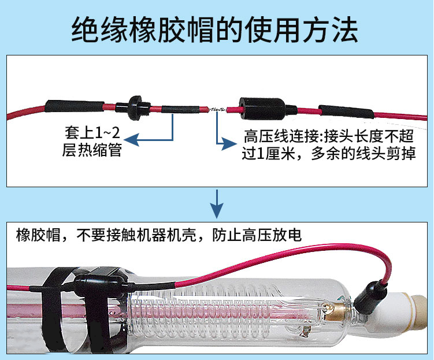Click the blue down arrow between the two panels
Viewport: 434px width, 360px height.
(216, 206)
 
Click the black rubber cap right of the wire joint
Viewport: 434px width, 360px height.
(263, 107)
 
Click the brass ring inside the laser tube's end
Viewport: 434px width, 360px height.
(335, 313)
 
